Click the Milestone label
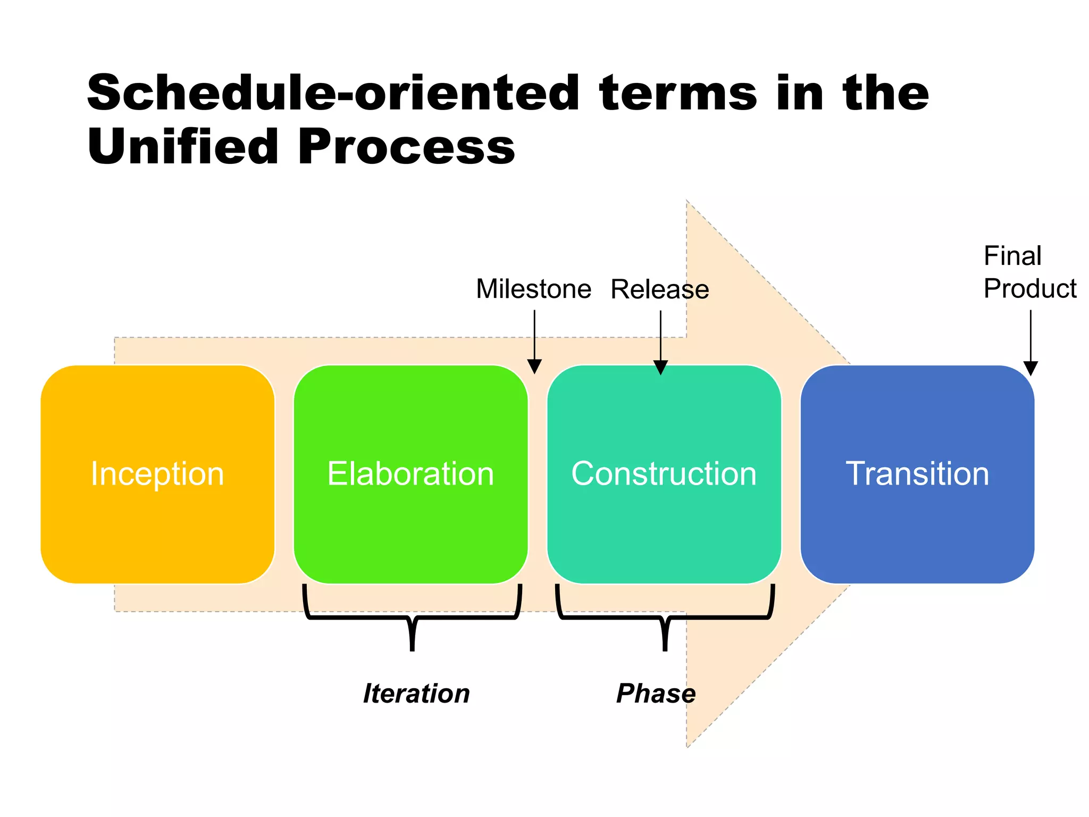[x=533, y=289]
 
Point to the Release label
[x=659, y=290]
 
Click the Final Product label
[x=1029, y=272]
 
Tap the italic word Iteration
[x=416, y=694]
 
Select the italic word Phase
[x=656, y=694]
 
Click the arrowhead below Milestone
[x=534, y=366]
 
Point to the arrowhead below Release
[x=660, y=367]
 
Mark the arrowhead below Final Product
[x=1031, y=368]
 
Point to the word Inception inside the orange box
[x=157, y=473]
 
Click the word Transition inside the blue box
[x=917, y=473]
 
